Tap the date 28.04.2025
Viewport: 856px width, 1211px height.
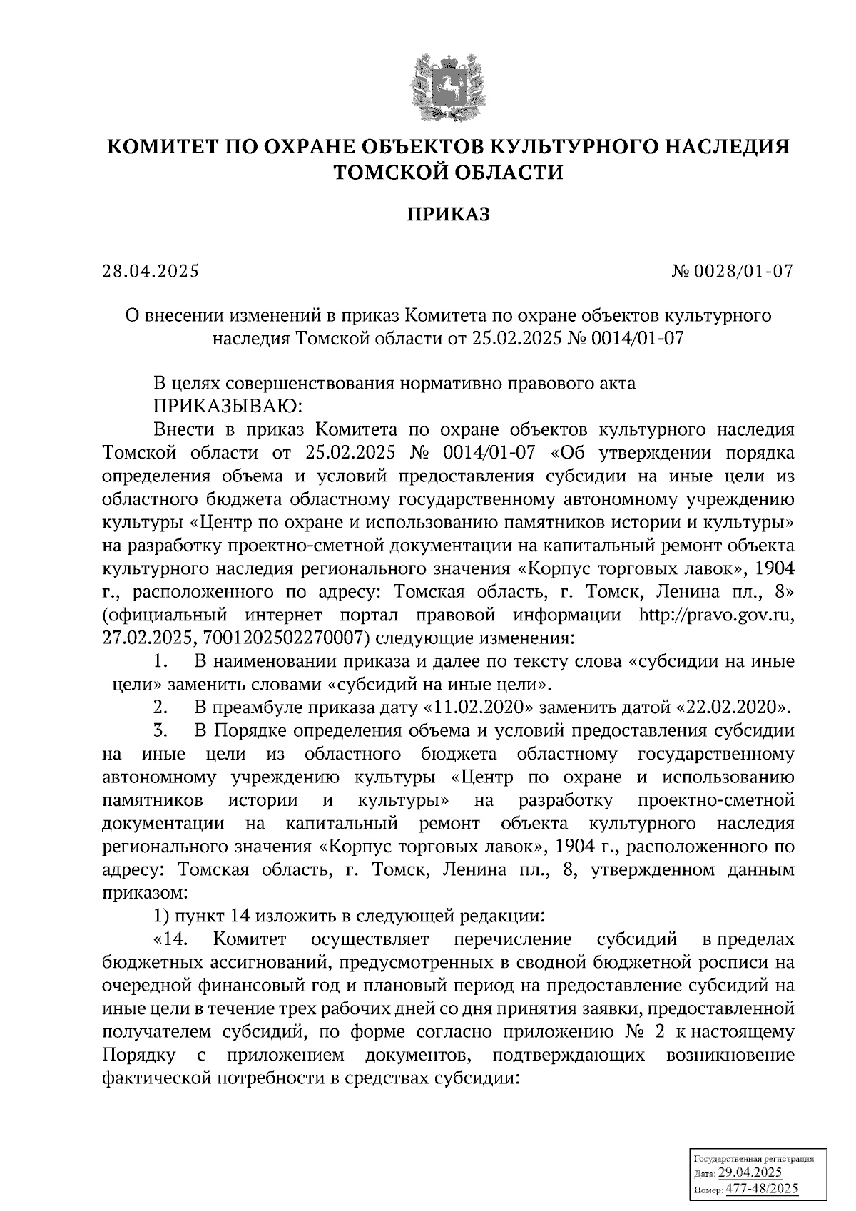click(x=151, y=272)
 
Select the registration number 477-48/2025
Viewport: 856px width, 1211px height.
click(x=762, y=1189)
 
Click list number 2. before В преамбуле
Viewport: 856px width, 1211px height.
click(x=160, y=707)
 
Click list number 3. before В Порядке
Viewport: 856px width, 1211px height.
click(x=160, y=731)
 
